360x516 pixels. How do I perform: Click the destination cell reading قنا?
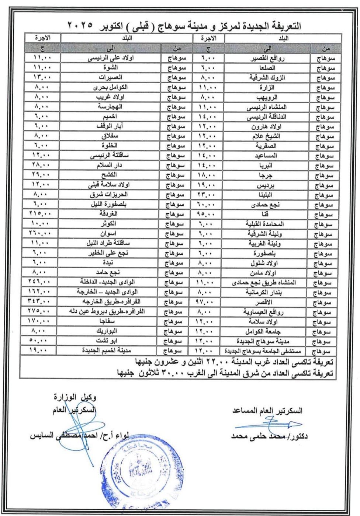pos(267,214)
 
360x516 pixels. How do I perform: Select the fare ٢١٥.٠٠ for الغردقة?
pos(42,213)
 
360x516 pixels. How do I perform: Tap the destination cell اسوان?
pos(110,234)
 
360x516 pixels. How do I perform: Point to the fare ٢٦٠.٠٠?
pos(42,233)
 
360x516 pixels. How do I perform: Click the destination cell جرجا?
pos(267,175)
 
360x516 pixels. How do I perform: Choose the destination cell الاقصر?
pos(267,302)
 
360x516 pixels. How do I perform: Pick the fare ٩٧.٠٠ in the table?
pos(208,302)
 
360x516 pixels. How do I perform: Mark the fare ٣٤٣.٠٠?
pos(42,301)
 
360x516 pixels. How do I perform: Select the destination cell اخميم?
pos(110,116)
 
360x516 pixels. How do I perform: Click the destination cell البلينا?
pos(267,195)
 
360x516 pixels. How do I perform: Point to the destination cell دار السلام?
pos(110,165)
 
